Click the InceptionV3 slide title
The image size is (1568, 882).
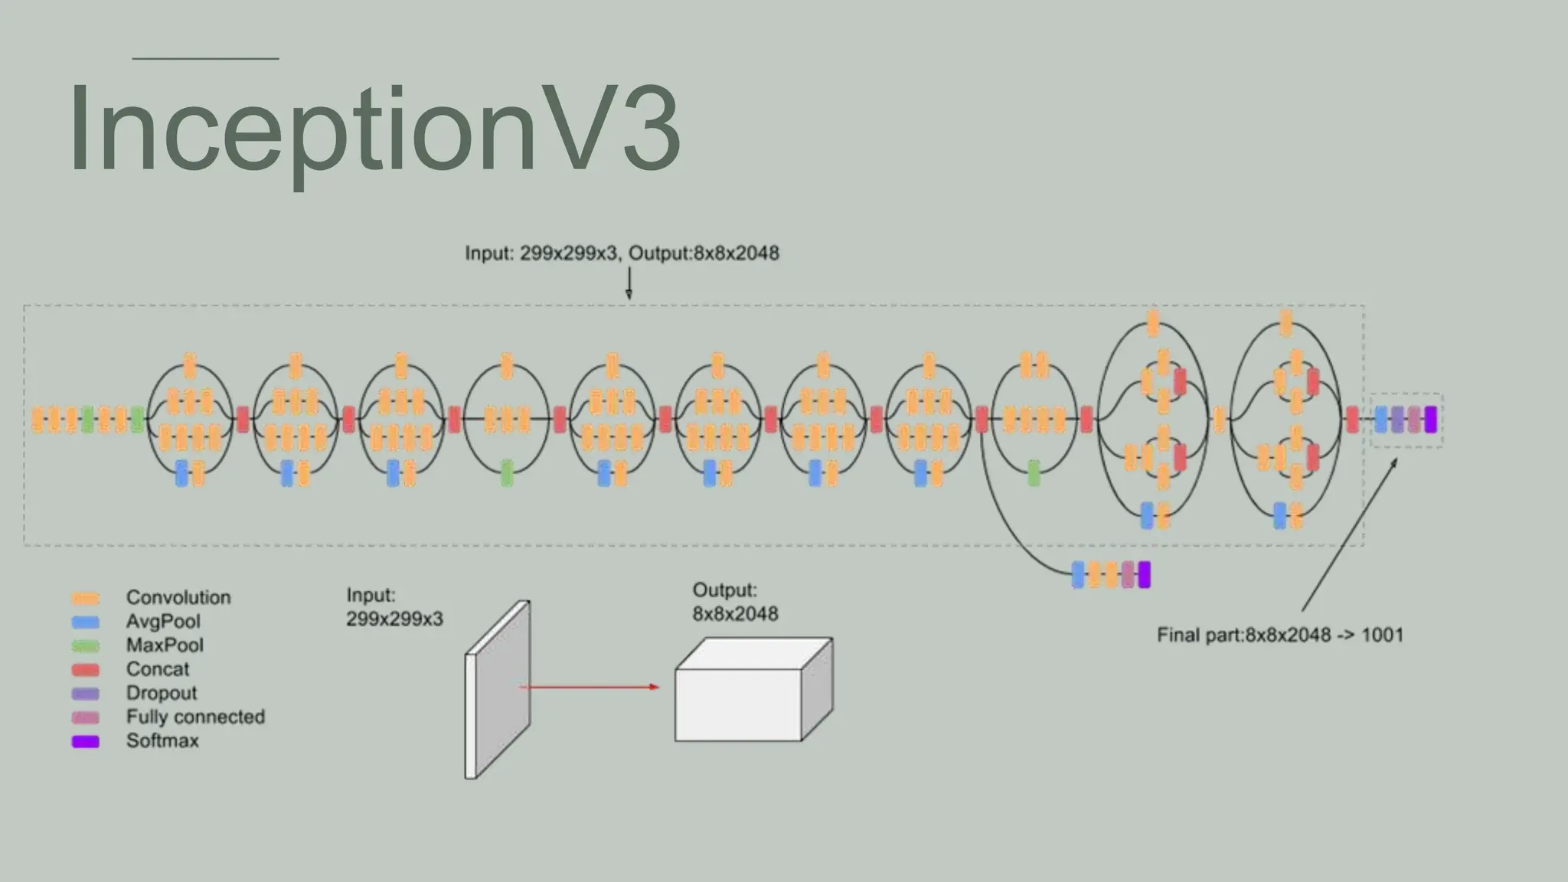click(374, 128)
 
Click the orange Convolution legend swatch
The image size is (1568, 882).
click(86, 599)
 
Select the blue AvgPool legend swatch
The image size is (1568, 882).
click(86, 622)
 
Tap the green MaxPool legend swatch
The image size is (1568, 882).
click(86, 646)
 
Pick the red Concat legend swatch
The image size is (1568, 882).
click(86, 670)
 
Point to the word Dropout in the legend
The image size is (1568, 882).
click(162, 693)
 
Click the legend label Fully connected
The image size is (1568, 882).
click(195, 717)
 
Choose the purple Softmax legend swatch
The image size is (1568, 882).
click(86, 741)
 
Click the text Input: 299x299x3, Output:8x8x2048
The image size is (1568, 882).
click(622, 253)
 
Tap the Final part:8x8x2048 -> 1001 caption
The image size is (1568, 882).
click(1279, 635)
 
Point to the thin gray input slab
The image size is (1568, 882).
click(498, 689)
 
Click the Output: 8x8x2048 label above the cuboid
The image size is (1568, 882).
click(735, 602)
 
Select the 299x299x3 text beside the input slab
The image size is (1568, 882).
click(394, 619)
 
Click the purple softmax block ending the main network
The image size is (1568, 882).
click(1430, 420)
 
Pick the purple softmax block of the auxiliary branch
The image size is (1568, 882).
click(1144, 574)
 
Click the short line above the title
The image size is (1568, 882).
click(205, 58)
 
